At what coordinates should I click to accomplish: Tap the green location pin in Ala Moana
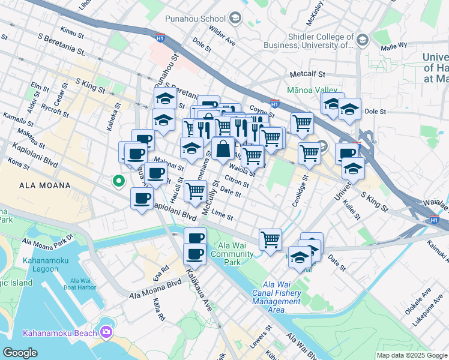[119, 179]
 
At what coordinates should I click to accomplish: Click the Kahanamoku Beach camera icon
[107, 332]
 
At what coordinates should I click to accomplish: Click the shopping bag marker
[223, 149]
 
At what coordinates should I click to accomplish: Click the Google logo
[20, 352]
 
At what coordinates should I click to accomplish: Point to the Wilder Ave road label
[222, 37]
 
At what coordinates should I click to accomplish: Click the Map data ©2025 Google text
[412, 355]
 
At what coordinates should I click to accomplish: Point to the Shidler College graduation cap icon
[362, 40]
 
